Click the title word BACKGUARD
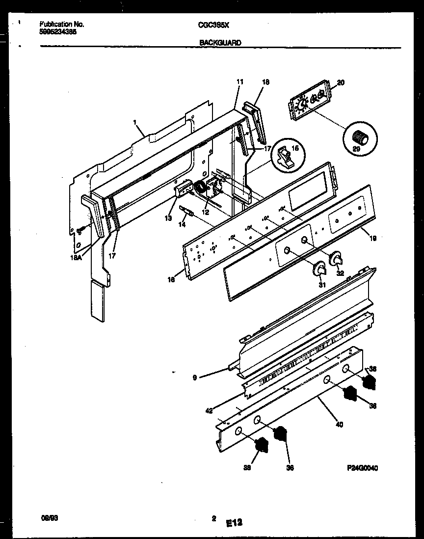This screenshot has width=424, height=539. click(220, 43)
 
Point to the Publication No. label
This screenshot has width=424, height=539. click(61, 24)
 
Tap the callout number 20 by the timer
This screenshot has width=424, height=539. click(341, 83)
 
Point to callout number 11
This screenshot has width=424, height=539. click(239, 82)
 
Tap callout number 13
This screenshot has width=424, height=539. click(168, 218)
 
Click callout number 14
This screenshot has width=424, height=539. click(182, 224)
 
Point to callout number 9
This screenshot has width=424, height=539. click(195, 377)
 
